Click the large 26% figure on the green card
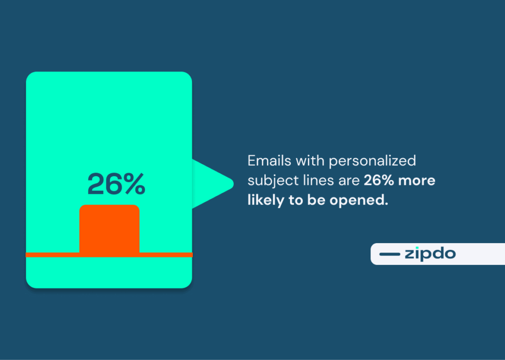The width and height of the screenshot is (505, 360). coord(116,184)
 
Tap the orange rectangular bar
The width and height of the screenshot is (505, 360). coord(109,228)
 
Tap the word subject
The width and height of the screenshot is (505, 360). coord(267,181)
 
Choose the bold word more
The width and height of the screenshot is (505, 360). coord(417,180)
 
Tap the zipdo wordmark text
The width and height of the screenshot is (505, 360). coord(430,254)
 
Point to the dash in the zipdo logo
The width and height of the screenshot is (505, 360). coord(390,254)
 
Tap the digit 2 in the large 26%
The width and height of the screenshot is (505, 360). coord(96,184)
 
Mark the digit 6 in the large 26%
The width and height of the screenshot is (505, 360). coord(113,184)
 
